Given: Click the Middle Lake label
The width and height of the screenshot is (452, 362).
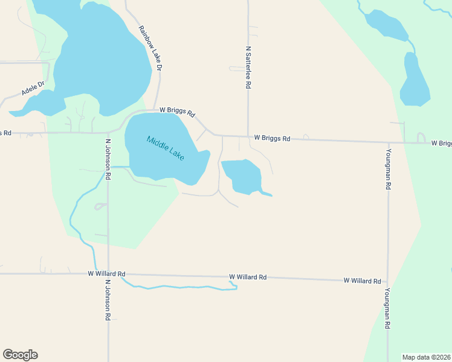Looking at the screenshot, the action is [165, 148].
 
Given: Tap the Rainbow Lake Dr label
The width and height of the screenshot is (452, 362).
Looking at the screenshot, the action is [150, 49].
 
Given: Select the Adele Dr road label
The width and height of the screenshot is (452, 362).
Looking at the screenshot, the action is [33, 89].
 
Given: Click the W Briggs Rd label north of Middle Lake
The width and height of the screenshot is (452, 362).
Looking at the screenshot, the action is [177, 112].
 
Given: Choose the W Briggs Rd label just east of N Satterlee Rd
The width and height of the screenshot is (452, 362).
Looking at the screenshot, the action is [272, 138].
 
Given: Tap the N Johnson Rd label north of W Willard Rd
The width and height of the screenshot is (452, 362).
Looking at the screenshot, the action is [108, 160].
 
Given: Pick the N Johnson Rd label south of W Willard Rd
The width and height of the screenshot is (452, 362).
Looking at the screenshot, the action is [108, 299].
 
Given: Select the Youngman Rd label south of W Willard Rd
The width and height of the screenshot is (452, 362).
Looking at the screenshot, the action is [387, 308].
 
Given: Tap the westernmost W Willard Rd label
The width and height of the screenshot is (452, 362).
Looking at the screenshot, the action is [106, 273].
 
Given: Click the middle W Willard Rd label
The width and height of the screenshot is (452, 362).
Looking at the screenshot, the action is [248, 278].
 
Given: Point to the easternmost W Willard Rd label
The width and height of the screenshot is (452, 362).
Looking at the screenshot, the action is [362, 281].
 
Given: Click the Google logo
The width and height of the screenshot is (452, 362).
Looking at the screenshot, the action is [20, 355].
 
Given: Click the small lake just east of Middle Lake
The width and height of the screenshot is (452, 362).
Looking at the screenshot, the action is [242, 176].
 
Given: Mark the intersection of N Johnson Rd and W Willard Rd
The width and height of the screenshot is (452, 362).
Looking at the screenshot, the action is [108, 274].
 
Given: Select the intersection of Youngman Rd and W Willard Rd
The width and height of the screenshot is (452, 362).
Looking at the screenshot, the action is [388, 281].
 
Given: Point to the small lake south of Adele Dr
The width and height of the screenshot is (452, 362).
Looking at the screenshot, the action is [42, 103].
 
